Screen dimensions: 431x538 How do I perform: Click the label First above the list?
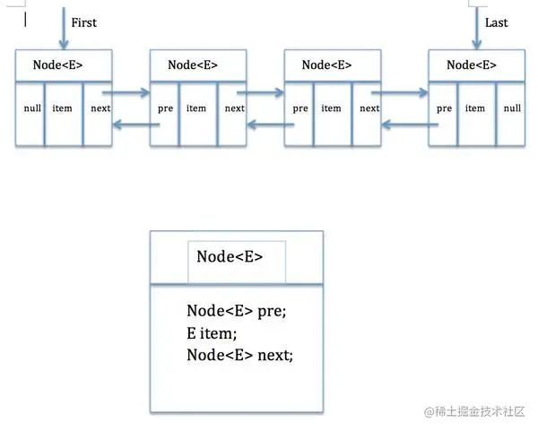[x=83, y=22]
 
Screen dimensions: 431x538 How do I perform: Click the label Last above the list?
[x=495, y=22]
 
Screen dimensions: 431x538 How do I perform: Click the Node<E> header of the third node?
[x=326, y=65]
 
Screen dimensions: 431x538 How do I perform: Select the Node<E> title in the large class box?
[x=230, y=256]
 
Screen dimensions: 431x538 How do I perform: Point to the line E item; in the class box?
[x=212, y=332]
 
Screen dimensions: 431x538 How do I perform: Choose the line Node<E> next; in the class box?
[x=239, y=355]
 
